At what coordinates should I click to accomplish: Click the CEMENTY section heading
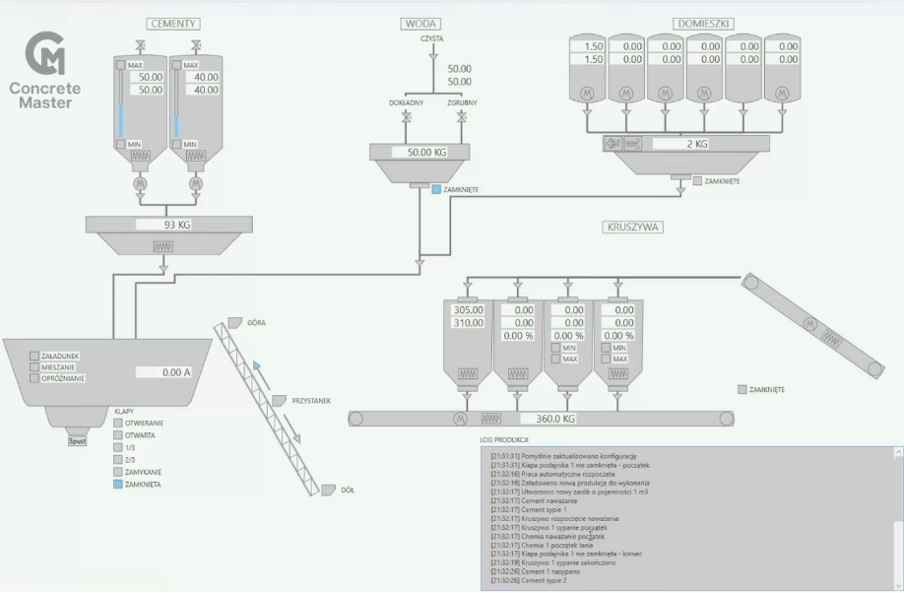pyautogui.click(x=173, y=23)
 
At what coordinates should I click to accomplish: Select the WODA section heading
pyautogui.click(x=421, y=23)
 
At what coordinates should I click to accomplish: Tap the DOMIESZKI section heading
pyautogui.click(x=701, y=23)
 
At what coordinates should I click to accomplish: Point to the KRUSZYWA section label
pyautogui.click(x=631, y=227)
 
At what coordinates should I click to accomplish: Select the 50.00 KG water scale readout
pyautogui.click(x=420, y=153)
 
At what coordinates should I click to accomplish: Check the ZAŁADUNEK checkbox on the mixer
pyautogui.click(x=34, y=356)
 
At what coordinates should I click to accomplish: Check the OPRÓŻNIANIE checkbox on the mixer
pyautogui.click(x=34, y=378)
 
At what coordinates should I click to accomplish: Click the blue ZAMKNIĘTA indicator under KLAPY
pyautogui.click(x=118, y=485)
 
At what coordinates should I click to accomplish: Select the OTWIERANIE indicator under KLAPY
pyautogui.click(x=118, y=423)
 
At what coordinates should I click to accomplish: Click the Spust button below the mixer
pyautogui.click(x=77, y=441)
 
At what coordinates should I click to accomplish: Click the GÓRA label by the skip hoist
pyautogui.click(x=257, y=322)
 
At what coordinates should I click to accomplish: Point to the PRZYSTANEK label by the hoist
pyautogui.click(x=311, y=401)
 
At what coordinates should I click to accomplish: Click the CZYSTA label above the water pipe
pyautogui.click(x=431, y=38)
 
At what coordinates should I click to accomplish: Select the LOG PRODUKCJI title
pyautogui.click(x=504, y=438)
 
